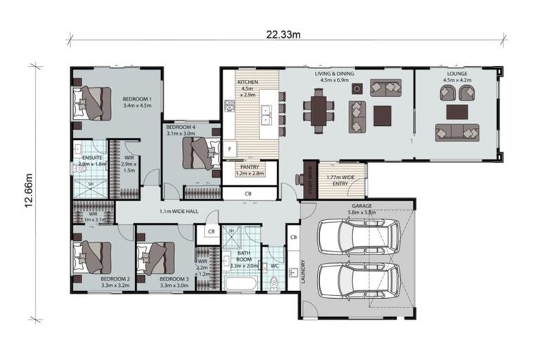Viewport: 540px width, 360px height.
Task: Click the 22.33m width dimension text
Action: [x=284, y=34]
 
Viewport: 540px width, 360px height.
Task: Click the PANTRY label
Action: [x=250, y=167]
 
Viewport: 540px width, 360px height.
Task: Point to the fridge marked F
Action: [x=229, y=149]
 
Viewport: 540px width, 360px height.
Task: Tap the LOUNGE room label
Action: [x=457, y=74]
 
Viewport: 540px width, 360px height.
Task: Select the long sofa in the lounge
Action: [x=457, y=131]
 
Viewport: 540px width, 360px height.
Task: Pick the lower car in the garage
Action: [x=359, y=279]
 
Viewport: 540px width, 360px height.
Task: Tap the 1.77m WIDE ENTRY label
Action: [x=335, y=179]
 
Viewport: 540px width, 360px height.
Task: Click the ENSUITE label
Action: [x=92, y=158]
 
